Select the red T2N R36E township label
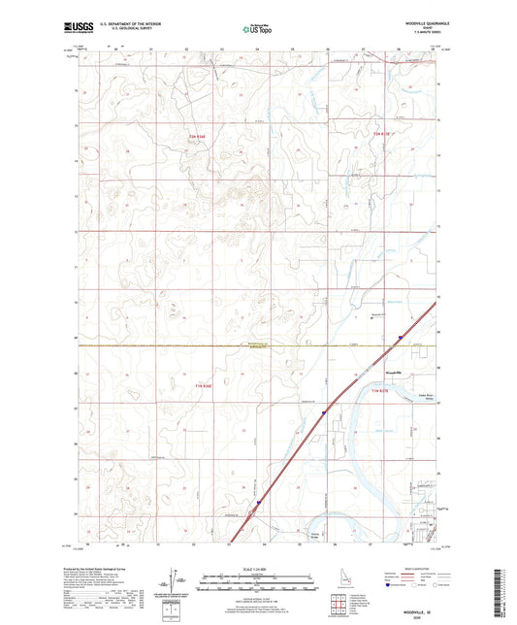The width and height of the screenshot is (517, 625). coord(197,137)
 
